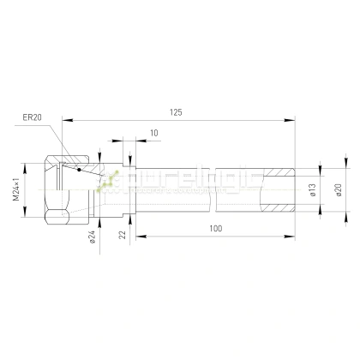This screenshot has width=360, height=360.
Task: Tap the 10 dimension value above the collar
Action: point(153,132)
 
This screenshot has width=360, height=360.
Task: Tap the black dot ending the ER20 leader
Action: point(78,169)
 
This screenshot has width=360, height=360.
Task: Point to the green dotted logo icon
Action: point(107,182)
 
